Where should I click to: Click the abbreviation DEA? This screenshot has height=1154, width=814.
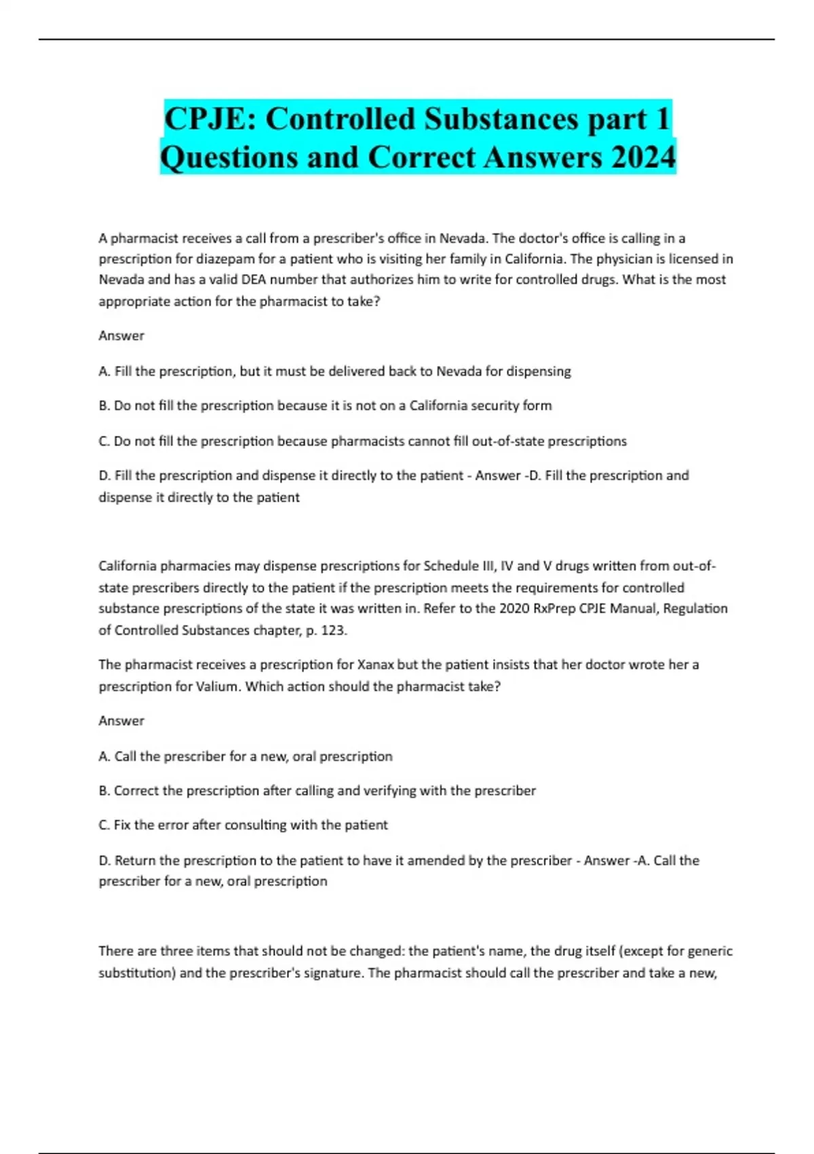coord(254,280)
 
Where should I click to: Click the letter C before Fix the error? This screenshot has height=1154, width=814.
coord(103,825)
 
